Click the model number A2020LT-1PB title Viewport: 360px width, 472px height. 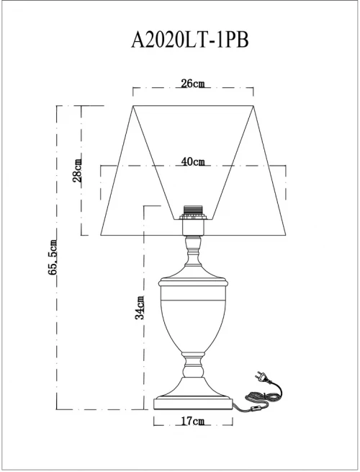coord(190,40)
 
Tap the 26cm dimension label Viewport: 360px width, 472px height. coord(193,84)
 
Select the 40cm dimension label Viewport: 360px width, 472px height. coord(193,161)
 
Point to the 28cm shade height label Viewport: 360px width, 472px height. coord(77,170)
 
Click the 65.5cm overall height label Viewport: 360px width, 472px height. coord(53,257)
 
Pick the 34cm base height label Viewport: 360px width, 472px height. coord(139,308)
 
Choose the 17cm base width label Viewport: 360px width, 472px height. coord(193,421)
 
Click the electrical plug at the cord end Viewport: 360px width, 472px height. coord(261,377)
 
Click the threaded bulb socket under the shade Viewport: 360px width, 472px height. coord(192,210)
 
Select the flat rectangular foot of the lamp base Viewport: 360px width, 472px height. coord(193,404)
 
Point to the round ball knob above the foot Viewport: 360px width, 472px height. coord(193,369)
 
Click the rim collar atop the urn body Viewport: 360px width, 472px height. coord(192,282)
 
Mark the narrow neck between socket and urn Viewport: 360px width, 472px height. coord(192,250)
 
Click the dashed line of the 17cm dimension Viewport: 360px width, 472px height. coord(193,425)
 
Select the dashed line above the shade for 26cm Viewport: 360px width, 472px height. coord(193,88)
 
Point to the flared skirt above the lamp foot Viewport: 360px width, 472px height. coord(193,387)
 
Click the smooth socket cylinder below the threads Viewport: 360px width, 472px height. coord(192,227)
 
